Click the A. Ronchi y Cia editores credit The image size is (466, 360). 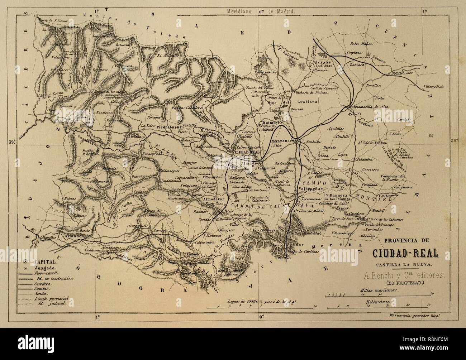click(399, 275)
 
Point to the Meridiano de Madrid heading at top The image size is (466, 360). click(261, 11)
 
